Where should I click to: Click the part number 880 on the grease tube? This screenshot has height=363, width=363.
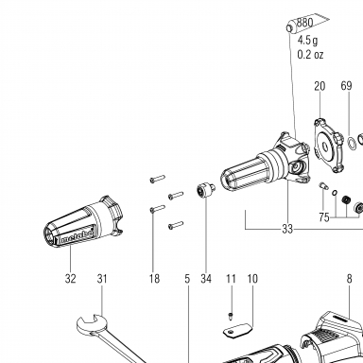point(305,23)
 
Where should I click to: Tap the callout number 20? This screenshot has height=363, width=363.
point(320,86)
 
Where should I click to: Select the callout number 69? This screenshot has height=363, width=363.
point(346,86)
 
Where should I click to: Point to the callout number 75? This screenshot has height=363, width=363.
point(324,217)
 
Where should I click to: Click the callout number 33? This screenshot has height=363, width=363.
point(287,229)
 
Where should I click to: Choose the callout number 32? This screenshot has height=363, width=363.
point(71,279)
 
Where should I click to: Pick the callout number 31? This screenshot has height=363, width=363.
point(102,279)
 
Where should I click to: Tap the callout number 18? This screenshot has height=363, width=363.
point(154,279)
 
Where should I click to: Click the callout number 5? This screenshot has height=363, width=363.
point(187,279)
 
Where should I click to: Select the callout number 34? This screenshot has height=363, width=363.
point(206,279)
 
